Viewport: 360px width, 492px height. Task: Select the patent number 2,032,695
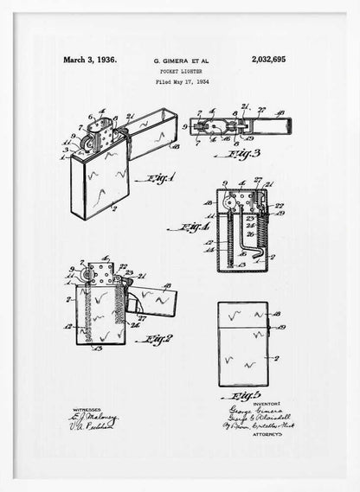pos(273,61)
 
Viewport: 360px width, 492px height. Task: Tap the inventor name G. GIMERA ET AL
pos(182,61)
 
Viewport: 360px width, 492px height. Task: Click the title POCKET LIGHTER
pos(182,72)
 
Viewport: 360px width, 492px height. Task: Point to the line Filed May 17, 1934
pos(183,82)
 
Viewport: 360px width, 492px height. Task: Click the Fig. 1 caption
pos(159,179)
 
